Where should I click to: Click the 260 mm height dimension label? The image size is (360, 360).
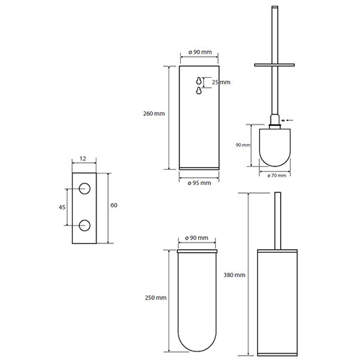(x=154, y=114)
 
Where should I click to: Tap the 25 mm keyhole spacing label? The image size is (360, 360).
(x=221, y=82)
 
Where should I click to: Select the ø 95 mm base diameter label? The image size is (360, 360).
(x=199, y=183)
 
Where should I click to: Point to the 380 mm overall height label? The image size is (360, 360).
(x=234, y=275)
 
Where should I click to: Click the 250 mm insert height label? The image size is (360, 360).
(x=156, y=297)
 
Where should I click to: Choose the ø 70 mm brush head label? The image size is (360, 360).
(x=276, y=176)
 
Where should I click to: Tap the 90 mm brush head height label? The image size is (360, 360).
(x=243, y=145)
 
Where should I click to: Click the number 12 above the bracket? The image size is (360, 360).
(x=83, y=158)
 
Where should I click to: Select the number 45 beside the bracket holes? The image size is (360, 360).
(x=62, y=207)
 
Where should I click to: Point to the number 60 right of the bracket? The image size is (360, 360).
(x=114, y=205)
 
